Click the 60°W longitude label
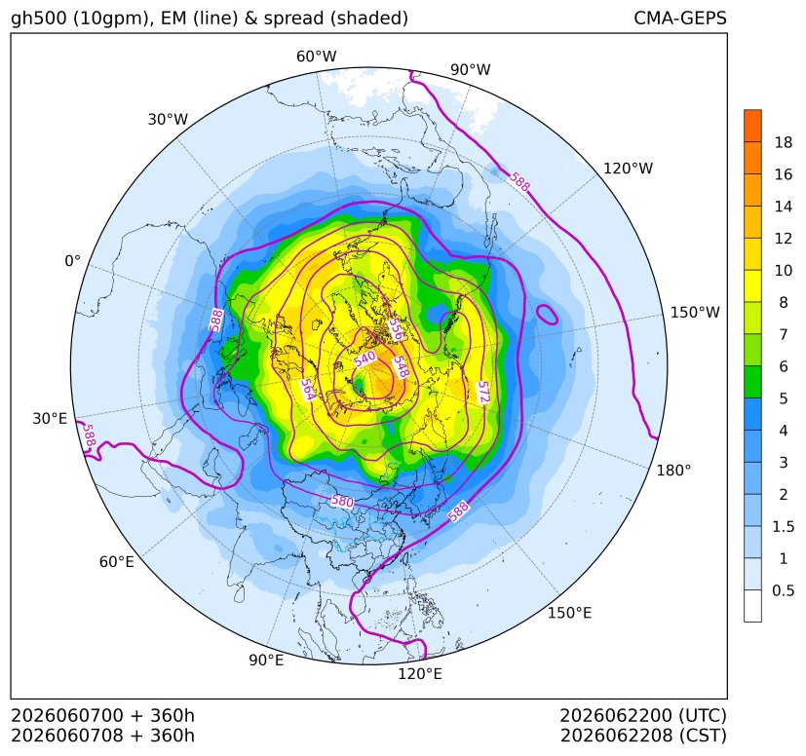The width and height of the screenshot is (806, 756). pyautogui.click(x=316, y=57)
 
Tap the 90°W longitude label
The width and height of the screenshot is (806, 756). pyautogui.click(x=471, y=69)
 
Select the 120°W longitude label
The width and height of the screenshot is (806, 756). pyautogui.click(x=628, y=169)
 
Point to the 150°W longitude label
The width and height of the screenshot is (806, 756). pyautogui.click(x=695, y=312)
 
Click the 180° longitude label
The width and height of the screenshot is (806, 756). pyautogui.click(x=673, y=471)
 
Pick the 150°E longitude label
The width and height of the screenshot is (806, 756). pyautogui.click(x=569, y=613)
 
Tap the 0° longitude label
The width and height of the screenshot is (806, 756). pyautogui.click(x=72, y=261)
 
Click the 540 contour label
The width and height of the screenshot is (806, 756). pyautogui.click(x=365, y=359)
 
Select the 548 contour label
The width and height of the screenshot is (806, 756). pyautogui.click(x=401, y=367)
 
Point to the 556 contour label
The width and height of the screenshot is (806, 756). pyautogui.click(x=395, y=329)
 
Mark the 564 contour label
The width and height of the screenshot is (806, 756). pyautogui.click(x=307, y=390)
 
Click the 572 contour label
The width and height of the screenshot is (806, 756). pyautogui.click(x=483, y=393)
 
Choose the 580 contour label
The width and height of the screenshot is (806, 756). pyautogui.click(x=342, y=501)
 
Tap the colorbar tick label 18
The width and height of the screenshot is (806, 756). pyautogui.click(x=784, y=142)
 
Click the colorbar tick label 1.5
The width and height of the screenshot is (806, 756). pyautogui.click(x=783, y=526)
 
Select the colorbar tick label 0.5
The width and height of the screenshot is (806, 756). pyautogui.click(x=783, y=590)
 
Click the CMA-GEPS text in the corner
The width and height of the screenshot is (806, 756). pyautogui.click(x=680, y=18)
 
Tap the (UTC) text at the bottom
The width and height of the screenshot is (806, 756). pyautogui.click(x=703, y=715)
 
